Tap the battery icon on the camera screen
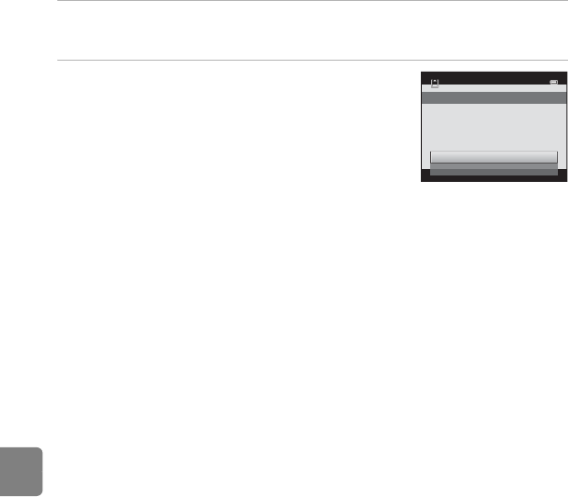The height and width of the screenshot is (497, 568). [553, 83]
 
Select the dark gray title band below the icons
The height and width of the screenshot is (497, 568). [494, 96]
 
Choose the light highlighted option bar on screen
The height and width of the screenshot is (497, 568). [494, 156]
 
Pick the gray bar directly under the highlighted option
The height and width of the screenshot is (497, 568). [494, 165]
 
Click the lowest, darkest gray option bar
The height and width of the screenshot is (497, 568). [494, 172]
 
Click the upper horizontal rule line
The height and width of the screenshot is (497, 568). [312, 1]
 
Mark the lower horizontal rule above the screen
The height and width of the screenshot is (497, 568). [312, 62]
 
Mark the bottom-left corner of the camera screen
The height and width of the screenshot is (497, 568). [423, 181]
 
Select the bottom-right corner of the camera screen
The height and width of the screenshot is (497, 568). [565, 181]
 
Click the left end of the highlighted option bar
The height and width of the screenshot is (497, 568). [432, 156]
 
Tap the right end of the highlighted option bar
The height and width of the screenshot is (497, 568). [556, 156]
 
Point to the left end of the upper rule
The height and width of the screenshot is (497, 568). [58, 1]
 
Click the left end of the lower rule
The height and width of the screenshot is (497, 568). [58, 62]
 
